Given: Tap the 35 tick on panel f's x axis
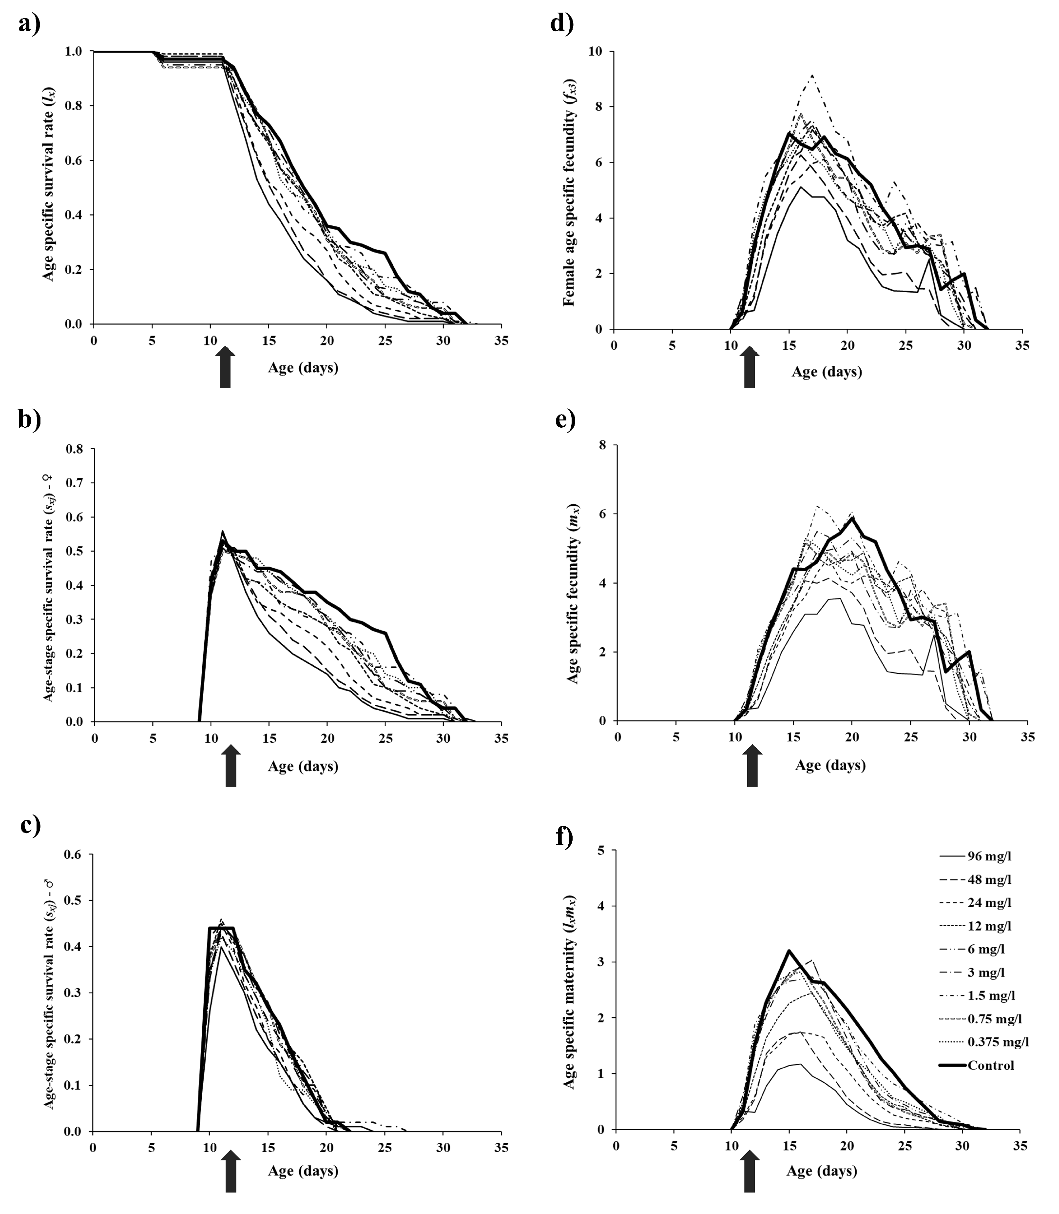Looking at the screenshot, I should tap(1020, 1145).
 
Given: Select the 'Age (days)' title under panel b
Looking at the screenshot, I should tap(303, 766).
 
